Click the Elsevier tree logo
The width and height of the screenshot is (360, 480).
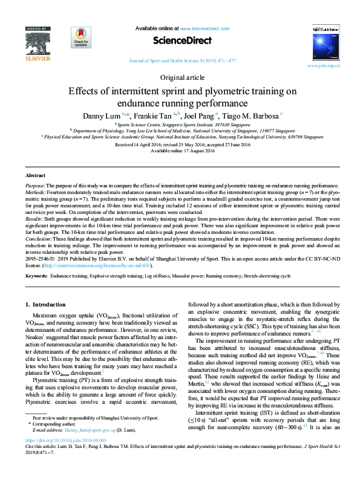(x=38, y=45)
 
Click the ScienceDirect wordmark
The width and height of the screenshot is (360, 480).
(x=182, y=41)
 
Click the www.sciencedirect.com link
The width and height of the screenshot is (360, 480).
(x=204, y=28)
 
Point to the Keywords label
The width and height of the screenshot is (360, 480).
(x=36, y=276)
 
